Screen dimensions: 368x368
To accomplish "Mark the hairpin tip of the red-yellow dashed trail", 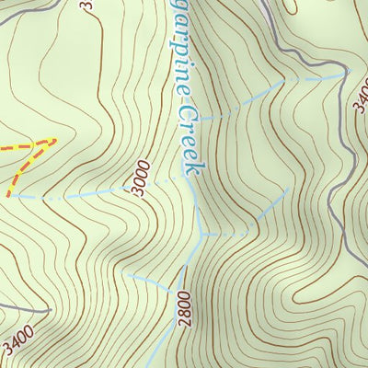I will (x=53, y=140).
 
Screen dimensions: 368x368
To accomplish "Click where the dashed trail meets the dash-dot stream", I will (x=10, y=195).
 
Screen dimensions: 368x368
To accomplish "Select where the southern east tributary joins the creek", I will (x=203, y=235).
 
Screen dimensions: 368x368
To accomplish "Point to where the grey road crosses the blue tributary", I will (x=349, y=74).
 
